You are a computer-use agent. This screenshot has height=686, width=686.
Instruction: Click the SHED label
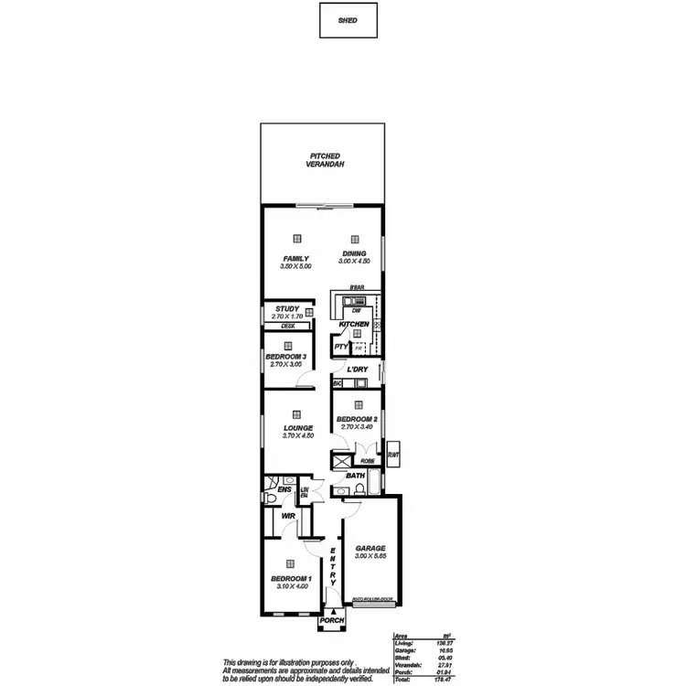pos(348,20)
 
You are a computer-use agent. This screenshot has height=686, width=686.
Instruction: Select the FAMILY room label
pos(295,258)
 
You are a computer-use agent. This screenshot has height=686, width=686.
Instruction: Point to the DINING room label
pos(354,253)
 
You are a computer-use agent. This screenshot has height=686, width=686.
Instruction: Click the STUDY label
pos(287,309)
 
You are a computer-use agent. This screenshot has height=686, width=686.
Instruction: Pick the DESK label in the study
pos(287,326)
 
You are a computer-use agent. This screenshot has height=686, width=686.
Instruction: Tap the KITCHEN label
pos(353,325)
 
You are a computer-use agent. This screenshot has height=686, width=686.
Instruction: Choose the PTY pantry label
pos(340,348)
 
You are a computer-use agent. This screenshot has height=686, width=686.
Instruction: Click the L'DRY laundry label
pos(358,370)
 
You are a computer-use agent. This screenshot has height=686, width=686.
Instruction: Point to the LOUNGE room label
pos(298,427)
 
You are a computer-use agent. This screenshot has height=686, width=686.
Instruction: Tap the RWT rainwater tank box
pos(393,454)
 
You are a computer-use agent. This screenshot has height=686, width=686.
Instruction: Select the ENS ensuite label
pos(284,489)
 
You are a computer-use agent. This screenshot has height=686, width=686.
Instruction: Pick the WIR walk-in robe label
pos(288,516)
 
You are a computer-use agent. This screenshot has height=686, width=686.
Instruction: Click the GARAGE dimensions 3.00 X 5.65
pos(370,555)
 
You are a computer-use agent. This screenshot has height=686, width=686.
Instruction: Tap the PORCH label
pos(331,621)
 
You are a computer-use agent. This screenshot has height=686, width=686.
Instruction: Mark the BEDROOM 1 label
pos(292,578)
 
